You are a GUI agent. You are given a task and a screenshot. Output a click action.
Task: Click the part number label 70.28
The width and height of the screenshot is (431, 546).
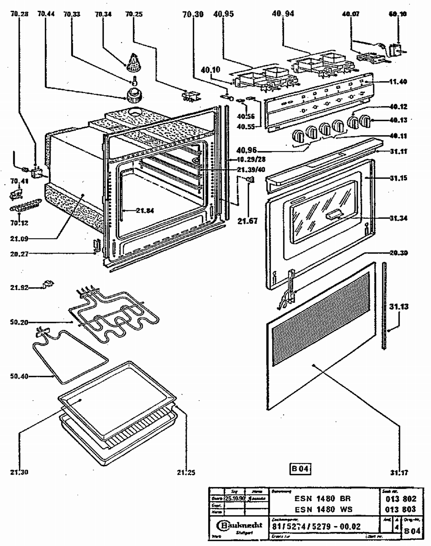click(19, 14)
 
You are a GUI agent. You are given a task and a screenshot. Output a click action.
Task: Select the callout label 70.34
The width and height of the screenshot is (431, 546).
click(103, 14)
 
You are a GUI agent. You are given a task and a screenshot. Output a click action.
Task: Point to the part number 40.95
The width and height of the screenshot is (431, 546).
click(224, 14)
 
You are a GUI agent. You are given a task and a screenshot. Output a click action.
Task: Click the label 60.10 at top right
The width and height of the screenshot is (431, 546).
click(398, 14)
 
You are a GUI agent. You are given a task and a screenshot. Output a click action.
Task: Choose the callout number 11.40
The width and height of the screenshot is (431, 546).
click(398, 82)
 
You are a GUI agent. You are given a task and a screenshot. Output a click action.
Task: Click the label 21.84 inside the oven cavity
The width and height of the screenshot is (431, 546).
click(145, 211)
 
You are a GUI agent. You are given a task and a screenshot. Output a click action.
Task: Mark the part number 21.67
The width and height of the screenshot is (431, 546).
click(247, 221)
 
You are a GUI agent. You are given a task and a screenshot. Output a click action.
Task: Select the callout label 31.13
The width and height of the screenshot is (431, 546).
click(399, 307)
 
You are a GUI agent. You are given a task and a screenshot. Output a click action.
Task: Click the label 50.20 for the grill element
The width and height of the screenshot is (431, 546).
click(19, 323)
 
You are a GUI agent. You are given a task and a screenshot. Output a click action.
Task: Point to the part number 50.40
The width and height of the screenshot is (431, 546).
click(19, 376)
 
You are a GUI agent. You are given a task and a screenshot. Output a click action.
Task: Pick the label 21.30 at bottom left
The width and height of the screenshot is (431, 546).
click(19, 472)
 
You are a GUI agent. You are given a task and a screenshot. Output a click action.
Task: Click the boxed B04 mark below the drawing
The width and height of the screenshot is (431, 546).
click(300, 469)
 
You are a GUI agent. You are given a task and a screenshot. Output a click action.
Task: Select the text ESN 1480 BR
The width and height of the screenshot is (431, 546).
click(322, 498)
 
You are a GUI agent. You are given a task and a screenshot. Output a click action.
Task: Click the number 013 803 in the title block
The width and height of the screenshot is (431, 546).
click(401, 509)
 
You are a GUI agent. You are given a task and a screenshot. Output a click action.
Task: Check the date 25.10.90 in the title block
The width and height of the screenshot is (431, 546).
click(235, 498)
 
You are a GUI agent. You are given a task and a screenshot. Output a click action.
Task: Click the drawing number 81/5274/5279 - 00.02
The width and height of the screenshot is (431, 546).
click(316, 526)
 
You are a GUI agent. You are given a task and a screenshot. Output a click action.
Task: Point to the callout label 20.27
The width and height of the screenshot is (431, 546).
click(19, 254)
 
